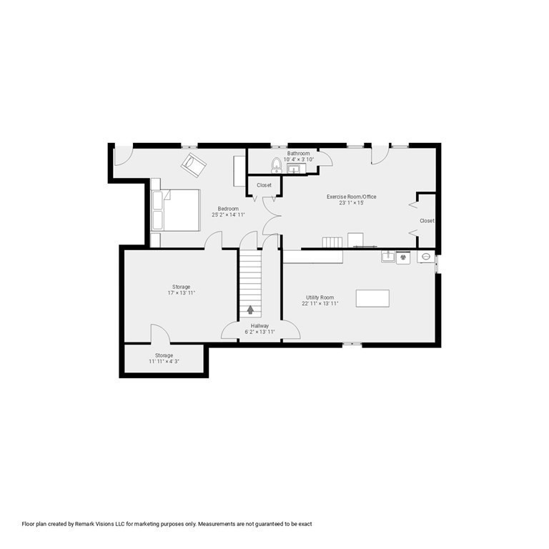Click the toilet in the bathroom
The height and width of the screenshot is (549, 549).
click(x=277, y=166)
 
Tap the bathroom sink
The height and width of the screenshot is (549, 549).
click(x=296, y=169)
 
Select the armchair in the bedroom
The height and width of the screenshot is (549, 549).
click(x=193, y=165)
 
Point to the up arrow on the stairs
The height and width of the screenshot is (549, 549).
click(x=250, y=310)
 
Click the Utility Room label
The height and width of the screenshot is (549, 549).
click(x=320, y=297)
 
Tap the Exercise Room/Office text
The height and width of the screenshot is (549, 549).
click(x=351, y=197)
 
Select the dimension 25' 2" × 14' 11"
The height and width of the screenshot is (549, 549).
click(x=228, y=214)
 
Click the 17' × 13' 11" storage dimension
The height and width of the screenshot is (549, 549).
click(x=181, y=293)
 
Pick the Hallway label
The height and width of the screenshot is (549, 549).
click(x=259, y=325)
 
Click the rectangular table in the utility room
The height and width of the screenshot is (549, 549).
click(x=372, y=298)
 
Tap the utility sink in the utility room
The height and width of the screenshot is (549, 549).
click(x=388, y=256)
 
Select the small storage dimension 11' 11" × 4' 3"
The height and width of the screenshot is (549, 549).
click(x=164, y=362)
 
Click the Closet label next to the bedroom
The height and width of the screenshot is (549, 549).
click(x=264, y=185)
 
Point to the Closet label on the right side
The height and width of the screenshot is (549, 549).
click(x=427, y=221)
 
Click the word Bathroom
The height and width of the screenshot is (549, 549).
click(x=298, y=153)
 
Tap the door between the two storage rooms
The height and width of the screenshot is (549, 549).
click(x=159, y=334)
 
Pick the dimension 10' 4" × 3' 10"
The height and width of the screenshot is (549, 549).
click(x=298, y=159)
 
